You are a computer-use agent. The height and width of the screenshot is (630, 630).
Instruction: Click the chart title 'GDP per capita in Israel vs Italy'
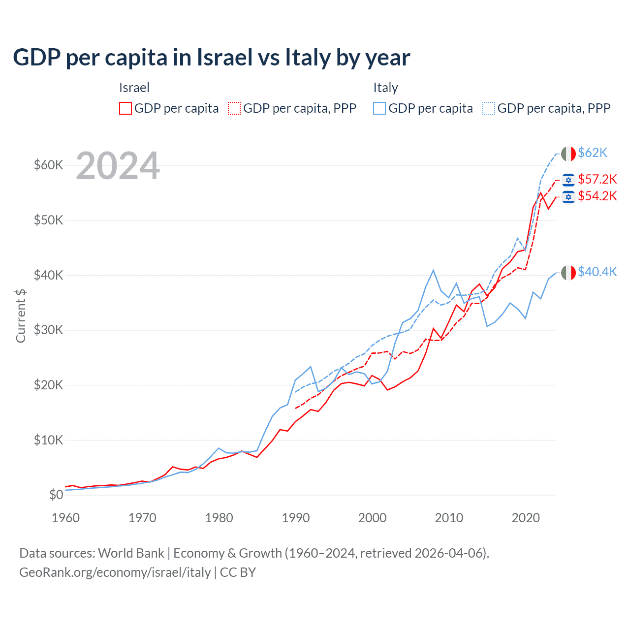211,58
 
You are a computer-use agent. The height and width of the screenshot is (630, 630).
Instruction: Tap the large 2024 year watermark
118,166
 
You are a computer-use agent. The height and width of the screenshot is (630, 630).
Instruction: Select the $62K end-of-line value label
593,153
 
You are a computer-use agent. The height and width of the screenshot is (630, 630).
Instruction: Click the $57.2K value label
597,179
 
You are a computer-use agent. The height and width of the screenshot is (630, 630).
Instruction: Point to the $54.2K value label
597,196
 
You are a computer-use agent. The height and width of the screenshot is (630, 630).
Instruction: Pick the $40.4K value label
597,272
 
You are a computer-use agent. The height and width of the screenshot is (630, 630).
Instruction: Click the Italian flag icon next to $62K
568,154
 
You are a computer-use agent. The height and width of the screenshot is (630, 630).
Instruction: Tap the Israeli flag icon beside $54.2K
568,197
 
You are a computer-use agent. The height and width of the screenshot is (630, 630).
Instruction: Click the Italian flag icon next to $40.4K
568,272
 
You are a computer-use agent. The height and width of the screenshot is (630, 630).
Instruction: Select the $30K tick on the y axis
48,330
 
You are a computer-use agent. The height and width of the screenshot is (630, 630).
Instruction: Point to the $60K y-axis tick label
48,165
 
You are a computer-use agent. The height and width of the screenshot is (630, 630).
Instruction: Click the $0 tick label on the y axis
56,495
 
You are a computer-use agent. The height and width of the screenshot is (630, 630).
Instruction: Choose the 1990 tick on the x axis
296,518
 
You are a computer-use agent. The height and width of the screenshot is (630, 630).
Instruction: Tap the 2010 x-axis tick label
449,518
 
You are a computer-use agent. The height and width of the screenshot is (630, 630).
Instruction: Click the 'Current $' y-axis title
21,316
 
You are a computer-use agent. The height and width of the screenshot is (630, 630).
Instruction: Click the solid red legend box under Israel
126,108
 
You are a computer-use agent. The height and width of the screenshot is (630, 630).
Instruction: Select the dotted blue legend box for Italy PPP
489,108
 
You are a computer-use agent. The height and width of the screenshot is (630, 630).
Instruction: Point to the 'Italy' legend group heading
385,88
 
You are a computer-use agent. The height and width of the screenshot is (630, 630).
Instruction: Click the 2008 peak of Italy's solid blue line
433,270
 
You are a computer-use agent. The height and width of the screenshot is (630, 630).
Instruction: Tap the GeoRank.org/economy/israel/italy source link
115,572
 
